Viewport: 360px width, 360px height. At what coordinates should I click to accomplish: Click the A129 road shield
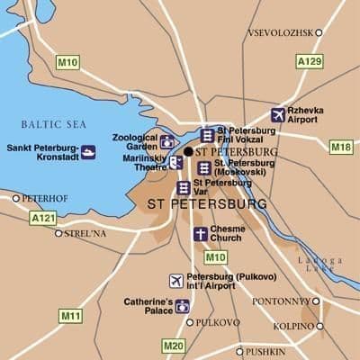(309, 62)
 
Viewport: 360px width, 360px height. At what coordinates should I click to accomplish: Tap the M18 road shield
(341, 147)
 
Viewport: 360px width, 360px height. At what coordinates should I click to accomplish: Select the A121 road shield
(42, 218)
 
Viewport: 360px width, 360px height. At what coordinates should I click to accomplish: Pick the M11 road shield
(69, 316)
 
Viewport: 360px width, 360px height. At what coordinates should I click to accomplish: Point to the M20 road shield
(174, 345)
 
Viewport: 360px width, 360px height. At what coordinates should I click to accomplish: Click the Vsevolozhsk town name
(280, 32)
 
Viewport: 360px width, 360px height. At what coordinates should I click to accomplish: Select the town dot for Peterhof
(16, 198)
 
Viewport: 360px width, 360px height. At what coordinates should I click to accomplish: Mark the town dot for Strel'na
(58, 233)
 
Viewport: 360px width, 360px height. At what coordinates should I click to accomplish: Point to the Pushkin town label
(266, 351)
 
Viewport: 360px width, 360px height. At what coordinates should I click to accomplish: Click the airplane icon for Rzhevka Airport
(278, 115)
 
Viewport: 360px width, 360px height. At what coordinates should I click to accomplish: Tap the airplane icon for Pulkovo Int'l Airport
(176, 281)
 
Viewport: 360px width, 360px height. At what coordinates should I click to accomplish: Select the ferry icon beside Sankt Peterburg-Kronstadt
(87, 151)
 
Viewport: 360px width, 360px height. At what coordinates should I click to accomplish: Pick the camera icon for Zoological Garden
(167, 140)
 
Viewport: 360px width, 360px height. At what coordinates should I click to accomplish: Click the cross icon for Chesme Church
(200, 234)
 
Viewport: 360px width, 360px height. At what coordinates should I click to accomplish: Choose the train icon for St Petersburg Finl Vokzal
(208, 135)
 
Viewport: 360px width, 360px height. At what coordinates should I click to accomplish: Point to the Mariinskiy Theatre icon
(175, 162)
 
